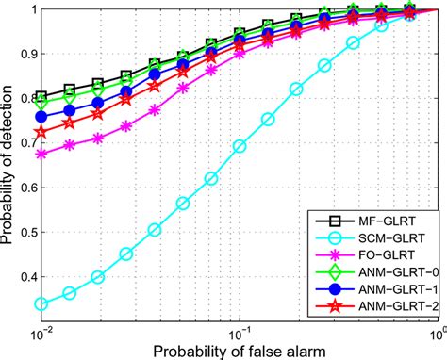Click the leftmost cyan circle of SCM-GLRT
[x=41, y=304]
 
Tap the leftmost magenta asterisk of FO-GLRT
[x=41, y=154]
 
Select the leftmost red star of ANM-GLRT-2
[x=41, y=132]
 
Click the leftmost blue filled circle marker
[x=41, y=117]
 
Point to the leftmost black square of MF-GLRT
[x=41, y=97]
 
